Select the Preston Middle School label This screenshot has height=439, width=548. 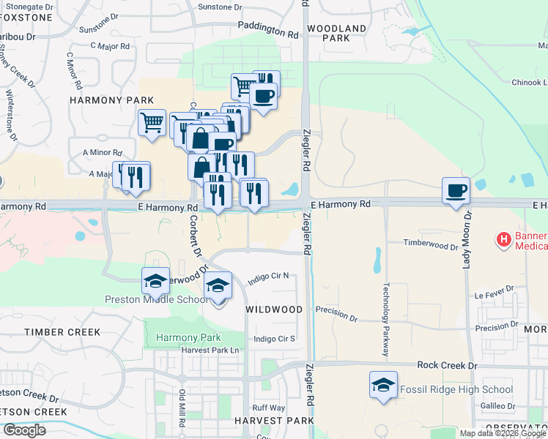157,299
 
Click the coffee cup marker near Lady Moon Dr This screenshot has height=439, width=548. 456,191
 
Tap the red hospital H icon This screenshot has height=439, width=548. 504,239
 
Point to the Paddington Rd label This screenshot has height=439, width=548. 268,34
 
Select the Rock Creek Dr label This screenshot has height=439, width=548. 447,365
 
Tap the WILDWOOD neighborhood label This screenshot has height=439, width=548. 273,309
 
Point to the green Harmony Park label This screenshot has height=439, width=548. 188,338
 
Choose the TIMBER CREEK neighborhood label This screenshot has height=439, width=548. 62,332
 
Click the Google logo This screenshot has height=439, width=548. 24,430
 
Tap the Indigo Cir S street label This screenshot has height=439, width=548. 273,339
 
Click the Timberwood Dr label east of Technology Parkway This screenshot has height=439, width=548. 431,245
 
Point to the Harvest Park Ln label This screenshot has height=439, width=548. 210,350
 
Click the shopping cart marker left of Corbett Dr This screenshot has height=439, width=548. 152,122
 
